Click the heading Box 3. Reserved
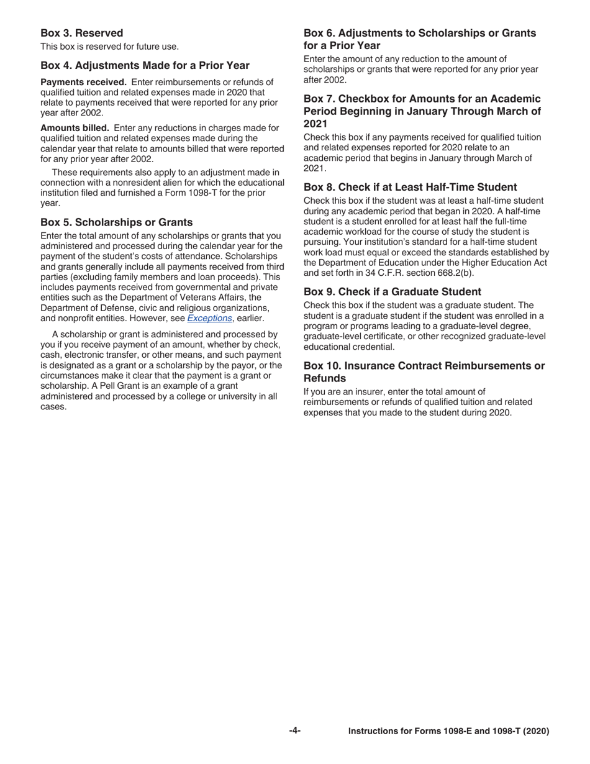81,33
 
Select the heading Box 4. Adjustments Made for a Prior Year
145,65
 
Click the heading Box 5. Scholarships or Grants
116,222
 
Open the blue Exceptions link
209,318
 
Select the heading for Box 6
419,39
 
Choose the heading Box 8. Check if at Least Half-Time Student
410,187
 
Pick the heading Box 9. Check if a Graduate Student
392,291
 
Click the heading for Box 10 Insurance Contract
424,371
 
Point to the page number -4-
294,730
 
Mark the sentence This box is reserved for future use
109,47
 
